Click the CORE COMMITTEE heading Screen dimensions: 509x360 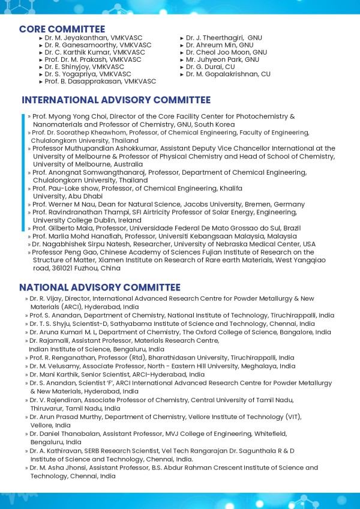62,29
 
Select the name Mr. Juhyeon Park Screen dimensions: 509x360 209,59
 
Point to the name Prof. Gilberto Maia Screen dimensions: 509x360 61,228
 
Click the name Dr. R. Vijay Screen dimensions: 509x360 43,298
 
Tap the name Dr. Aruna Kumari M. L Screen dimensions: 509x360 65,332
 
